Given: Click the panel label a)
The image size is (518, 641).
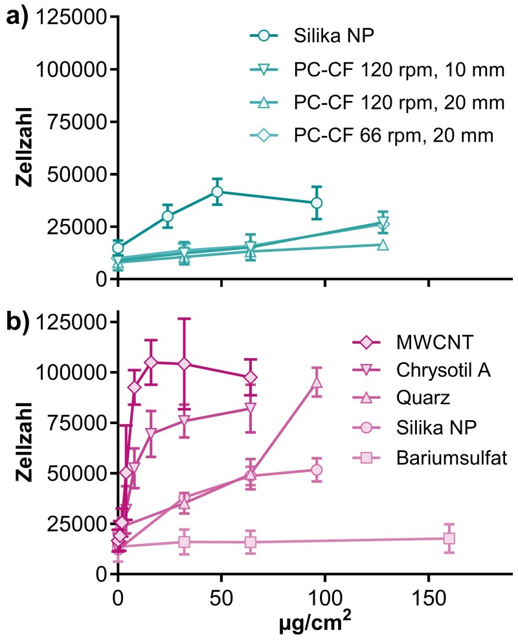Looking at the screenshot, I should pyautogui.click(x=17, y=18).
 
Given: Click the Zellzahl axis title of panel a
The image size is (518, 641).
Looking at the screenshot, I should pyautogui.click(x=25, y=147).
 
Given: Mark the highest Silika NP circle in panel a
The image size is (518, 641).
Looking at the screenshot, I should pyautogui.click(x=218, y=192).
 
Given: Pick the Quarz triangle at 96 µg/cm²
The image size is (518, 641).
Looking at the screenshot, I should pyautogui.click(x=317, y=383).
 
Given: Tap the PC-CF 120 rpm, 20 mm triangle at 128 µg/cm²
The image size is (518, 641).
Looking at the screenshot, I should pyautogui.click(x=383, y=245).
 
